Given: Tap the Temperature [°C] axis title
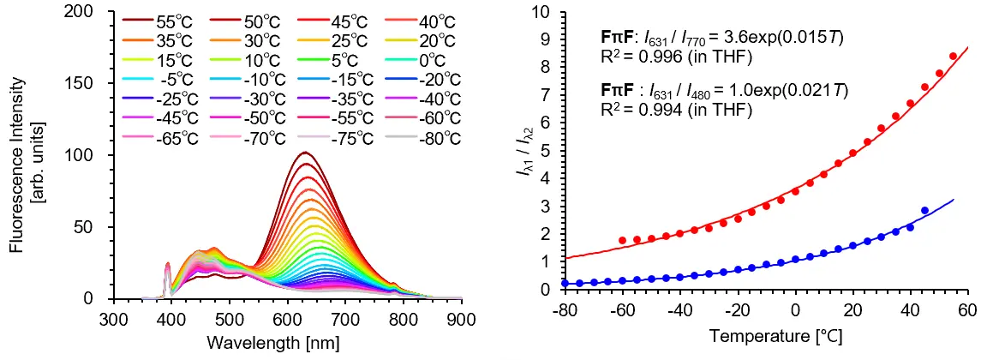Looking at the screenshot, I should point(765,333).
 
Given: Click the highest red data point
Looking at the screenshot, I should point(953,57).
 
